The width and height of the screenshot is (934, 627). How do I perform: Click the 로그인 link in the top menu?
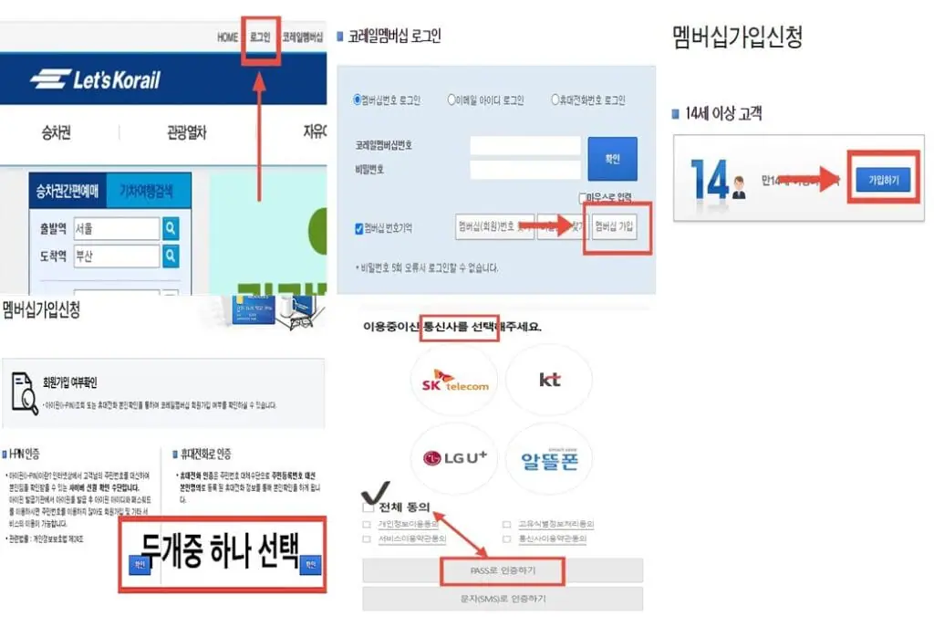(260, 37)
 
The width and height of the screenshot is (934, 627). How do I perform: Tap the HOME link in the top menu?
(227, 37)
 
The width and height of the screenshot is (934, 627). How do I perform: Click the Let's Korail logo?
(95, 79)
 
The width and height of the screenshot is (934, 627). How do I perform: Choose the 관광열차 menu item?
(186, 133)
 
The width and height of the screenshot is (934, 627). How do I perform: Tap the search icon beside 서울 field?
(171, 228)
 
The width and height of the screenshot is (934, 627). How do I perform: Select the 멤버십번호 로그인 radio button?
(358, 100)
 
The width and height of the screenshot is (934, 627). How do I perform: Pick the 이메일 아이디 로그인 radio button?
(451, 100)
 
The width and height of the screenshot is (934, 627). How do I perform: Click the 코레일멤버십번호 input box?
(525, 145)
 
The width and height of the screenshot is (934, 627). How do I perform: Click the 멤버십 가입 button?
(614, 225)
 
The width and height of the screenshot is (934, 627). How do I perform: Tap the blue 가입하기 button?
(882, 181)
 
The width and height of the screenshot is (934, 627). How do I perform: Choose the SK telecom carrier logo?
(454, 380)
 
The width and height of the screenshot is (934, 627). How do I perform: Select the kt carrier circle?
(549, 380)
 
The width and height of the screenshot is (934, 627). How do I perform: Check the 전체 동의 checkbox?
(368, 507)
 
